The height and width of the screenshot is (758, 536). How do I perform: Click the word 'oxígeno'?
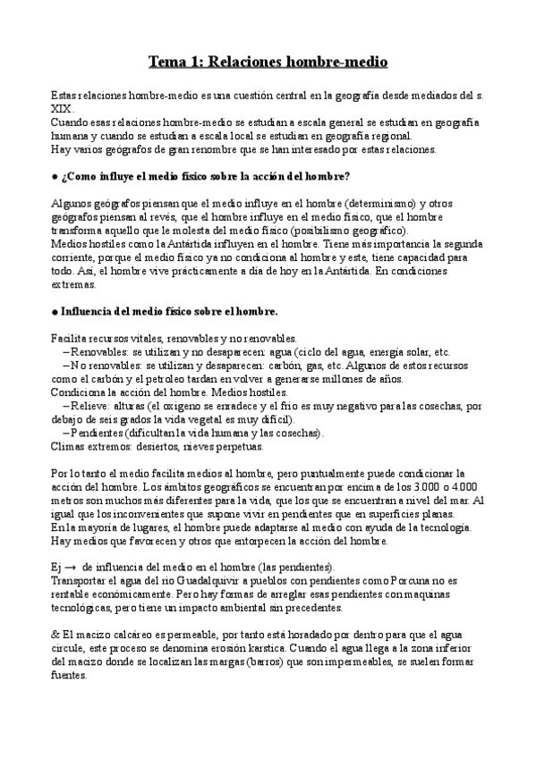pyautogui.click(x=169, y=406)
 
